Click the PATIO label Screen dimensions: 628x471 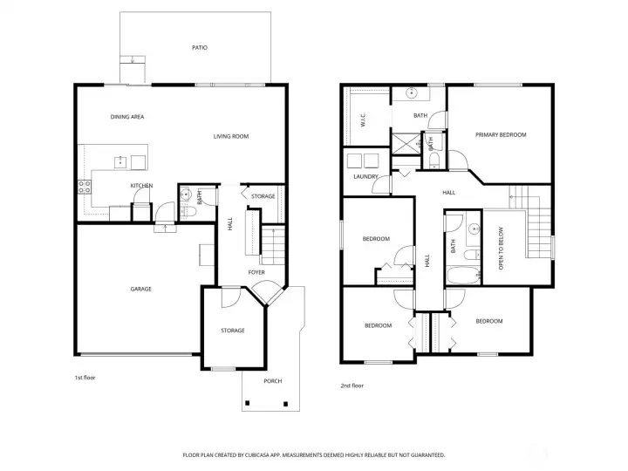tap(200, 48)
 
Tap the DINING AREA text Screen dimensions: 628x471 tap(127, 117)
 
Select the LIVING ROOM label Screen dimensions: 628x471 tap(230, 137)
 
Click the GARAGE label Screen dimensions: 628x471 tap(141, 289)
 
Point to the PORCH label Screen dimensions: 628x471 tap(273, 381)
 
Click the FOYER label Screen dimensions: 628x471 tap(256, 272)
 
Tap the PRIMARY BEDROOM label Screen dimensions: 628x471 tap(501, 135)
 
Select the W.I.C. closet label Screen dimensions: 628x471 tap(363, 120)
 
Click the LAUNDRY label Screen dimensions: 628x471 tap(365, 176)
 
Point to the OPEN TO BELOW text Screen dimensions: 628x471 tap(501, 249)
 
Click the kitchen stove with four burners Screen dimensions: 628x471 tap(85, 187)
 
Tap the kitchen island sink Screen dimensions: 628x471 tap(120, 162)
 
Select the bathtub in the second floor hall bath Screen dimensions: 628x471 tap(463, 276)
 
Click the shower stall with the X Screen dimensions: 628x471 tap(405, 144)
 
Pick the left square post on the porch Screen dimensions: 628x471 tap(247, 403)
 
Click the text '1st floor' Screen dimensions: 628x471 tap(85, 378)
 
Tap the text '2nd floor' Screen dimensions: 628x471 tap(352, 386)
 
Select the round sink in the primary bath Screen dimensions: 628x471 tap(412, 93)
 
